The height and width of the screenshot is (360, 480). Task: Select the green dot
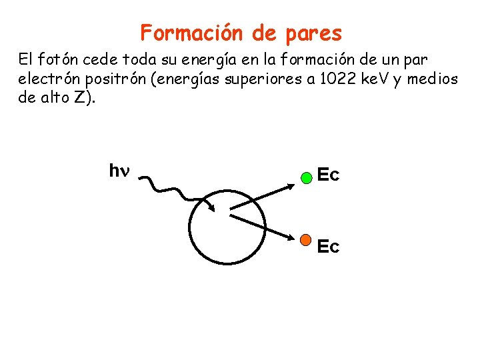coord(306,178)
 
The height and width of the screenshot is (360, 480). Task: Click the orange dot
coord(306,239)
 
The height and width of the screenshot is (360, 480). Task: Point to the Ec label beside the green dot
coord(328,176)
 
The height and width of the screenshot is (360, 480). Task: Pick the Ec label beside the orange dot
coord(328,247)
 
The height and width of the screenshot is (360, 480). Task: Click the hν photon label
coord(119,171)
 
